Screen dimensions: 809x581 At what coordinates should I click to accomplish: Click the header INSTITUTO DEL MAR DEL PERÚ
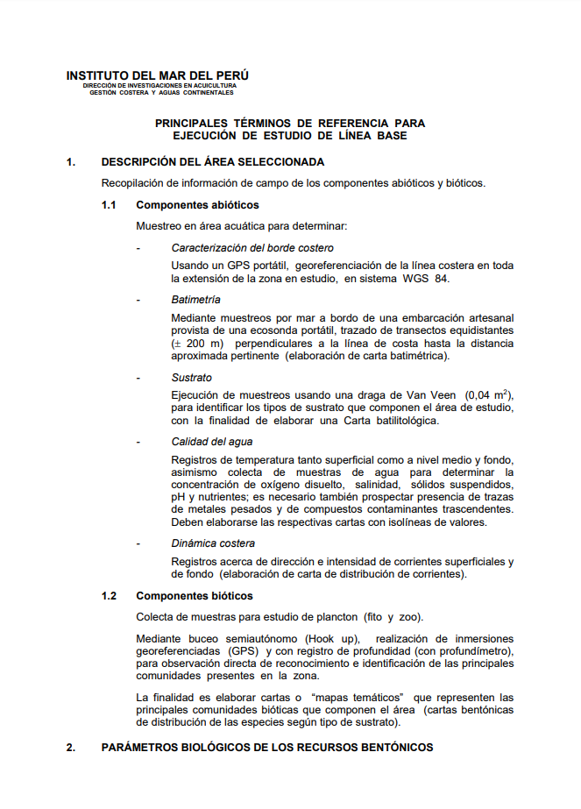point(158,75)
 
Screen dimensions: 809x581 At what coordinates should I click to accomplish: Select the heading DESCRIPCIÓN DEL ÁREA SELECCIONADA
point(213,162)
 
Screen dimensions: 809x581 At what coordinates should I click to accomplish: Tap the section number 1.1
point(109,205)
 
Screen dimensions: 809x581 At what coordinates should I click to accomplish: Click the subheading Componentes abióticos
point(197,205)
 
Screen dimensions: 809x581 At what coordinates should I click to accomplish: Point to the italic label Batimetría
point(196,300)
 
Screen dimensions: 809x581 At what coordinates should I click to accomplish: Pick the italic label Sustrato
point(191,378)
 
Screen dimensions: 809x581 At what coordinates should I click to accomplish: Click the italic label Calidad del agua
point(212,442)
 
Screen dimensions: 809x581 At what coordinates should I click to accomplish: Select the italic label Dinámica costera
point(213,543)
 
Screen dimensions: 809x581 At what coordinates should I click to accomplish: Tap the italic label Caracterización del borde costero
point(252,248)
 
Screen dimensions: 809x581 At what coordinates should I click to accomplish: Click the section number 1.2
point(109,596)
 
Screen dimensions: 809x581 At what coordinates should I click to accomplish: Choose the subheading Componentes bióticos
point(195,596)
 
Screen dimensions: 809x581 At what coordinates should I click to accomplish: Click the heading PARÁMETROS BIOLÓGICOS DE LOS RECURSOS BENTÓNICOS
point(267,748)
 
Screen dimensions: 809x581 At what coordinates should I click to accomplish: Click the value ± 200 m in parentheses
point(201,344)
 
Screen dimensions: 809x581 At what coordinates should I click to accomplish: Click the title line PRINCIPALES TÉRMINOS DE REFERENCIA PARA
point(289,124)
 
